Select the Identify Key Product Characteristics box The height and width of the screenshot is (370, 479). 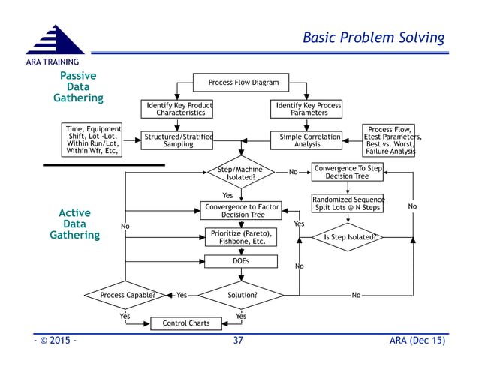(177, 110)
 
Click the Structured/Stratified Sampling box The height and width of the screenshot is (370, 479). (177, 140)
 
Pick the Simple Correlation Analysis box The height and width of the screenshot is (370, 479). (306, 140)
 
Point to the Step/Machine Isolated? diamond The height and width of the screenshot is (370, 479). (240, 173)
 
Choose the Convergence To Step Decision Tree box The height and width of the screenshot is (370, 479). (348, 172)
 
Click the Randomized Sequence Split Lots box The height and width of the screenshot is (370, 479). (348, 203)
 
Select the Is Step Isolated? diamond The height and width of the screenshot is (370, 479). (348, 237)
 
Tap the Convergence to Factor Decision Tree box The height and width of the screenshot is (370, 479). (240, 210)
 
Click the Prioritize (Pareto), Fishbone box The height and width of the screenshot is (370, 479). (240, 237)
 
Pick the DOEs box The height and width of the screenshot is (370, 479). (240, 261)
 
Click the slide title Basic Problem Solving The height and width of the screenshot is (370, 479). (373, 38)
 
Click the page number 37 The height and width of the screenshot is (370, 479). (239, 341)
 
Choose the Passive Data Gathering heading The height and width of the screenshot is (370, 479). (78, 87)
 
